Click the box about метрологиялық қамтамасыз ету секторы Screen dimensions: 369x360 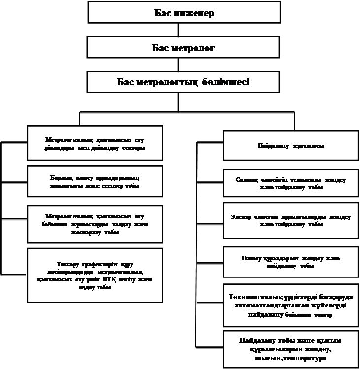coord(95,143)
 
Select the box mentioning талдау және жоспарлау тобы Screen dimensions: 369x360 coord(95,224)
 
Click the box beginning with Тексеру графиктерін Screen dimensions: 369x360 coord(95,276)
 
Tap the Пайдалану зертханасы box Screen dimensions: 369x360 coord(291,146)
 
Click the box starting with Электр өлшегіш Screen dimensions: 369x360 coord(291,220)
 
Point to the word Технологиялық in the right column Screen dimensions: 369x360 coord(260,297)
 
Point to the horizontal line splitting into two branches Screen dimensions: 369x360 coord(187,113)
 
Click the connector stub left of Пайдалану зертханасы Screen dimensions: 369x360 coord(209,143)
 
